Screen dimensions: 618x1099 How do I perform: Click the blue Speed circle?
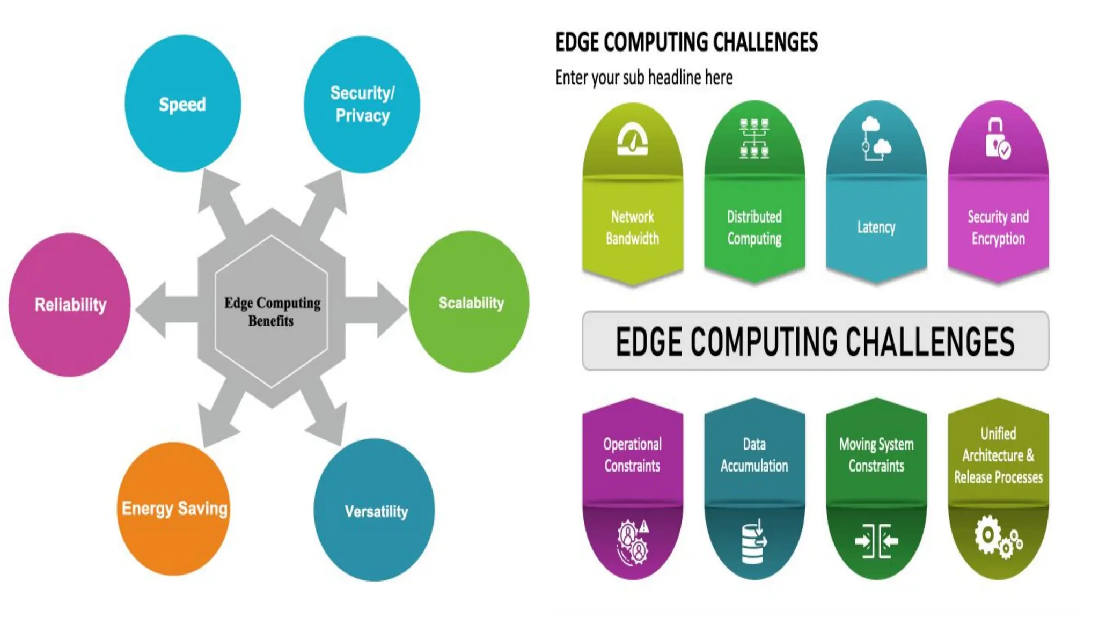[182, 104]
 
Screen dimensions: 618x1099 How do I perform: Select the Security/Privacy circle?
[362, 104]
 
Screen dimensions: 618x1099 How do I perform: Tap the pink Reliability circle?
[70, 304]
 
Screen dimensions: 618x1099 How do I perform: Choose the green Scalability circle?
[470, 302]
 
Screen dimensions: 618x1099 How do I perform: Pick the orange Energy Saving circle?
[174, 508]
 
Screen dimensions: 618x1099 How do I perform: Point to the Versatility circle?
[375, 510]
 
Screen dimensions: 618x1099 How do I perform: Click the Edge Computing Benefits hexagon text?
[272, 312]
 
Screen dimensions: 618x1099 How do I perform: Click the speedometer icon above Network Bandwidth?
[632, 140]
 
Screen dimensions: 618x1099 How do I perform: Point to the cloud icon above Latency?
[876, 138]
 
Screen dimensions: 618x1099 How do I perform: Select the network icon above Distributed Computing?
[754, 138]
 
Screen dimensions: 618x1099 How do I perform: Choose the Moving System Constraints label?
[876, 455]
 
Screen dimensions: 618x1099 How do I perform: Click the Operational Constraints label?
[632, 455]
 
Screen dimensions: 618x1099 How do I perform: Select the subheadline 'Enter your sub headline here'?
[644, 78]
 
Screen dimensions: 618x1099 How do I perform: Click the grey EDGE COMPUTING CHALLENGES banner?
[815, 341]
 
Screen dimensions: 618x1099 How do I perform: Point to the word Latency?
[876, 227]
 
